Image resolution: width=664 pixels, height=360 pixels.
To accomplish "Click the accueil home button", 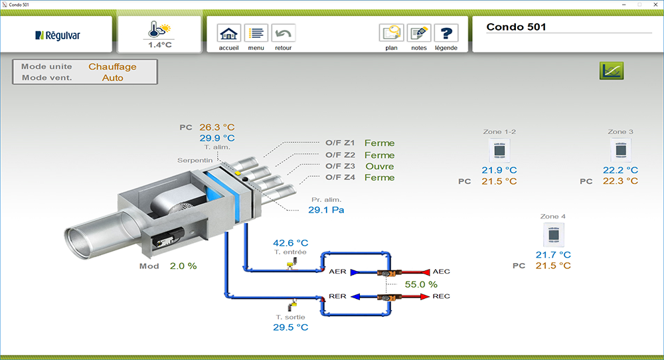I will [x=228, y=33].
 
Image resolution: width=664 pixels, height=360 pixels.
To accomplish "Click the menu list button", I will [x=256, y=33].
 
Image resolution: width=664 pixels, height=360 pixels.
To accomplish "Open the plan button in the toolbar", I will [x=391, y=33].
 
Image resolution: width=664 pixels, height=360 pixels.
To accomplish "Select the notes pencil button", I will [x=418, y=33].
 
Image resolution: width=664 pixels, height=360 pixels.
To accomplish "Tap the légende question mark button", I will [x=446, y=33].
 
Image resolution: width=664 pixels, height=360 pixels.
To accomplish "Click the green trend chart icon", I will [x=612, y=70].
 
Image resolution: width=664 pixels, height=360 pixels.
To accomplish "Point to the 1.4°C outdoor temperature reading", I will [x=159, y=45].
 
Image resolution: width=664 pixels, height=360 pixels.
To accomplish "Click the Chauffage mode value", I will [x=112, y=66].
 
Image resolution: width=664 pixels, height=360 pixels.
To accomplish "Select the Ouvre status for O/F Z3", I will [x=380, y=166].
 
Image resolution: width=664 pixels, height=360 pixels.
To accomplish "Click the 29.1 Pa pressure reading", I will [x=326, y=210].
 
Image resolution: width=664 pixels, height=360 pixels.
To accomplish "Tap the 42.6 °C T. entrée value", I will [x=291, y=243].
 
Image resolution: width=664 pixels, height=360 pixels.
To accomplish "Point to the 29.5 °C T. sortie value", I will [x=291, y=327].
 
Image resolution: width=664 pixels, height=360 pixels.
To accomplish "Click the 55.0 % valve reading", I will [x=421, y=284].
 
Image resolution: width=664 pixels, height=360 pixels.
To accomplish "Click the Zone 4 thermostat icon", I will [x=553, y=235].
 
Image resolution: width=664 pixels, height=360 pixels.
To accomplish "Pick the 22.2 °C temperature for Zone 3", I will [x=620, y=170].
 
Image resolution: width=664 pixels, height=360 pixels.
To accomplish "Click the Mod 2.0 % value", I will [x=183, y=266].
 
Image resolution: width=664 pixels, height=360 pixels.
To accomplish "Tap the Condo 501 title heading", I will [x=515, y=27].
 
